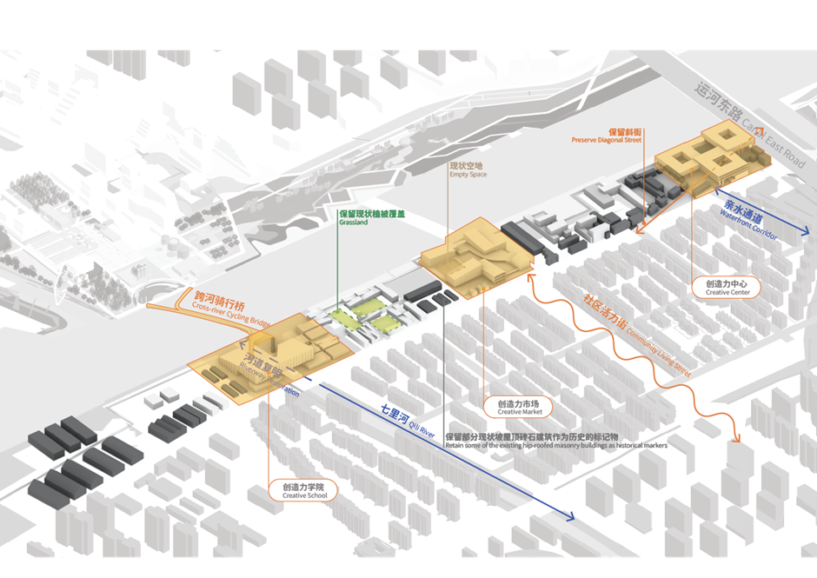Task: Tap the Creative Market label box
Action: point(518,407)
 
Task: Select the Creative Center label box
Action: point(727,288)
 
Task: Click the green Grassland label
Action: point(372,217)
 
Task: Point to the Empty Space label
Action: point(468,169)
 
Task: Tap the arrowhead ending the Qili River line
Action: point(571,518)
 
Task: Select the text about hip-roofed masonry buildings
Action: point(556,441)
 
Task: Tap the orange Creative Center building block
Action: point(708,157)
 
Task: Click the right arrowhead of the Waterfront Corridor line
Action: point(806,235)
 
